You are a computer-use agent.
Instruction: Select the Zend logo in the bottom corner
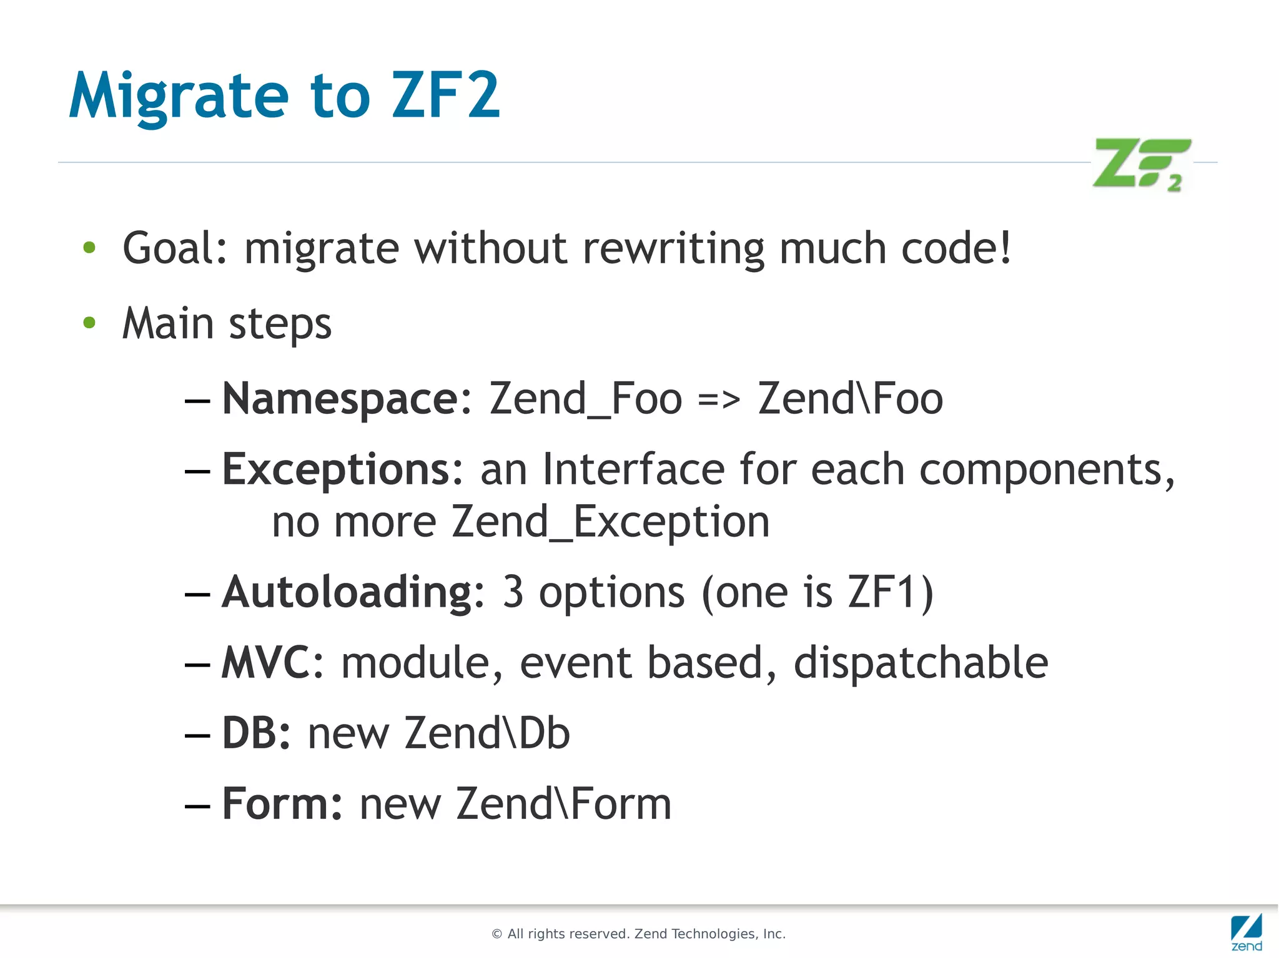tap(1247, 932)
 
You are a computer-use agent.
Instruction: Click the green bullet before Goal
tap(89, 248)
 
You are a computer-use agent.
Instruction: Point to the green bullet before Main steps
tap(89, 323)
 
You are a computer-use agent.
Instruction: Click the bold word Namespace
tap(340, 399)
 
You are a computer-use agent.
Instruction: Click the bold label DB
tap(249, 733)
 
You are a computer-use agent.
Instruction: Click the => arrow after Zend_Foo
tap(719, 399)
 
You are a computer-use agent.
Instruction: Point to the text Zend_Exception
tap(610, 522)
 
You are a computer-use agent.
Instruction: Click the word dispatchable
tap(921, 662)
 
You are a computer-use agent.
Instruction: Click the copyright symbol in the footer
tap(497, 934)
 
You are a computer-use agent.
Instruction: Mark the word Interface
tap(633, 469)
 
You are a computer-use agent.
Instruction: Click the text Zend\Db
tap(487, 733)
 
